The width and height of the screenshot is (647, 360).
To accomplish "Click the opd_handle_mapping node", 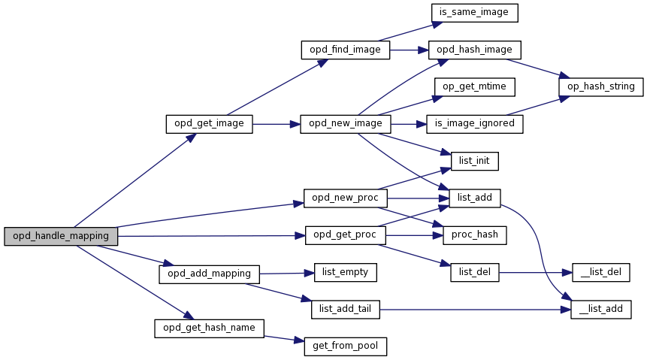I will [61, 236].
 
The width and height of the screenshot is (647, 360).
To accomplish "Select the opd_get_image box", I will [209, 123].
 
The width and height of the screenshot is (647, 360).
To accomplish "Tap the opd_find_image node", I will [345, 50].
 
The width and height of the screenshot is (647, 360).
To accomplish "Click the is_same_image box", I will [474, 13].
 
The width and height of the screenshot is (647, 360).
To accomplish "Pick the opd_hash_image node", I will [474, 50].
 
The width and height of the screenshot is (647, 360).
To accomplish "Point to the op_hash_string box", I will [600, 86].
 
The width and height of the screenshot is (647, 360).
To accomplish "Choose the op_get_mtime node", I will [474, 86].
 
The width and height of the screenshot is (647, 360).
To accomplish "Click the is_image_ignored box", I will [474, 123].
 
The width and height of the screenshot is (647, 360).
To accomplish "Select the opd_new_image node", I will [345, 123].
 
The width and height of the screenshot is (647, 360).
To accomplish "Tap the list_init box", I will [474, 160].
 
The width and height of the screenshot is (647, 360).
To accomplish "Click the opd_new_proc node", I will [345, 198].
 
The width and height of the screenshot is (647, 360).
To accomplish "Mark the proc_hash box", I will [474, 235].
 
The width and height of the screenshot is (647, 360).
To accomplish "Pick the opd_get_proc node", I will [345, 235].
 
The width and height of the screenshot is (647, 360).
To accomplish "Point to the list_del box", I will [474, 272].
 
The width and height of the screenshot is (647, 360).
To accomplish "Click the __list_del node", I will [600, 272].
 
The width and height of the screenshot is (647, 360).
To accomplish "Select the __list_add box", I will [600, 309].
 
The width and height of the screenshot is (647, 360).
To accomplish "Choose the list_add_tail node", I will [345, 309].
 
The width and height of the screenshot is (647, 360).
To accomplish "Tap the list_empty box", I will [345, 272].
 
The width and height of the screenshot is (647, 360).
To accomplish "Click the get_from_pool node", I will [345, 346].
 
